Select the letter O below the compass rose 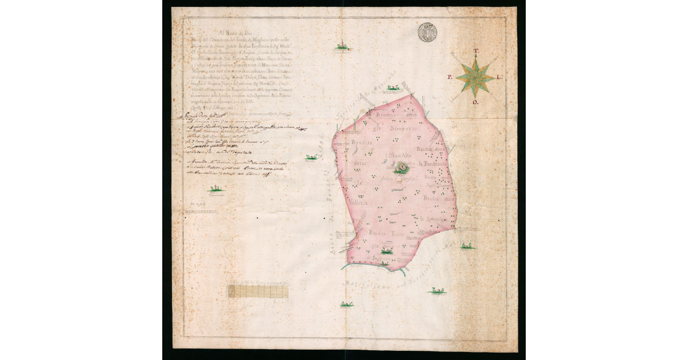click(x=475, y=103)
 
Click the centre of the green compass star click(x=475, y=77)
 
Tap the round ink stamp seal click(x=427, y=32)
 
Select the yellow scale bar click(x=261, y=291)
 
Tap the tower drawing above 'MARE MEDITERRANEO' click(x=216, y=190)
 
